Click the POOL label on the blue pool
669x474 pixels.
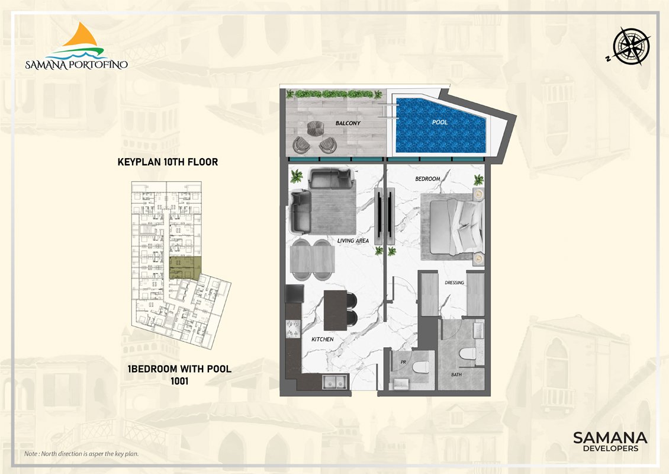tap(440, 122)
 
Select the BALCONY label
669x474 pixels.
tap(348, 123)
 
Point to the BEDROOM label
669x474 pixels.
tap(427, 179)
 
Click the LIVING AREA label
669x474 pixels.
tap(353, 241)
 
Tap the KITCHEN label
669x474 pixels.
tap(322, 339)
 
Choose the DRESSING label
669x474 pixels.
tap(454, 283)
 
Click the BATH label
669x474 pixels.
tap(456, 374)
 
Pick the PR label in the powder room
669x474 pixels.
tap(403, 362)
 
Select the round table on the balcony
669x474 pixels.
tap(316, 129)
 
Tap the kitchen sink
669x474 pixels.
tap(335, 382)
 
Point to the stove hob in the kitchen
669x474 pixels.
tap(293, 328)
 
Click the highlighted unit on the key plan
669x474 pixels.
tap(185, 268)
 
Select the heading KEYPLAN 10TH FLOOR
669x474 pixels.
tap(168, 162)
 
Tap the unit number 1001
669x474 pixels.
tap(179, 381)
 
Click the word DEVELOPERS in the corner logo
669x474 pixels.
tap(610, 449)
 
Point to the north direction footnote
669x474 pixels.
tap(82, 454)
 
